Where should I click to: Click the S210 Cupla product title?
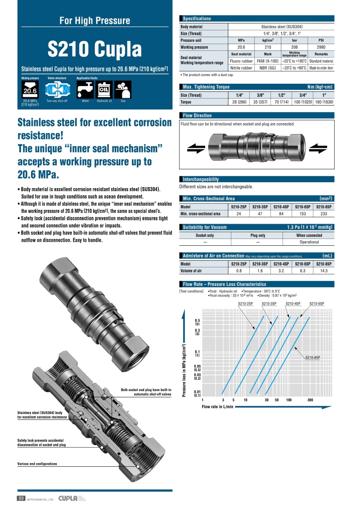point(94,50)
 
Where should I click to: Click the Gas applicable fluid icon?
point(123,90)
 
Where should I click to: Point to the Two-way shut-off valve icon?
point(57,90)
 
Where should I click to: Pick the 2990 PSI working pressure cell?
point(321,47)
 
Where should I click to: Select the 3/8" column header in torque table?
point(260,95)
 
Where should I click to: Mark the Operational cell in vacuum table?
point(309,242)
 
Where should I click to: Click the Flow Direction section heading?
point(197,116)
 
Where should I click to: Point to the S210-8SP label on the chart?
point(313,357)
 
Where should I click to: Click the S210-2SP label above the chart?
point(246,304)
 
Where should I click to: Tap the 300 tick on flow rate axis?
point(310,400)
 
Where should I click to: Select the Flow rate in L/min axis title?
point(218,406)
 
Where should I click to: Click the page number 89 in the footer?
point(21,498)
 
